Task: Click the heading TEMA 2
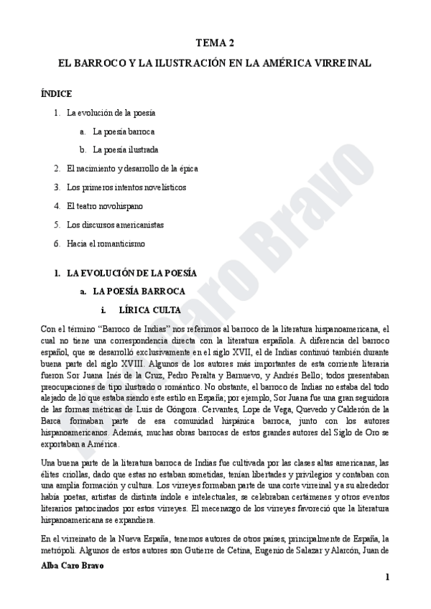(215, 44)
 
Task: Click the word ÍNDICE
(56, 94)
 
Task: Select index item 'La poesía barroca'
(124, 131)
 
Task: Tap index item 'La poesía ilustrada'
(126, 150)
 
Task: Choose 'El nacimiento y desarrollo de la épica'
(131, 169)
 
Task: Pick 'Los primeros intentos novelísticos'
(126, 187)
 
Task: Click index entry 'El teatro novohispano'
(104, 206)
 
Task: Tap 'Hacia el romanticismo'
(106, 243)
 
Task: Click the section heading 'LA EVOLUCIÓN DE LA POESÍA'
(131, 274)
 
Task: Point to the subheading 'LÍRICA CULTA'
(149, 310)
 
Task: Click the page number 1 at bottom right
(387, 577)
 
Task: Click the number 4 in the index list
(57, 206)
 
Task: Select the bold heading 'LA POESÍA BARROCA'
(139, 292)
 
